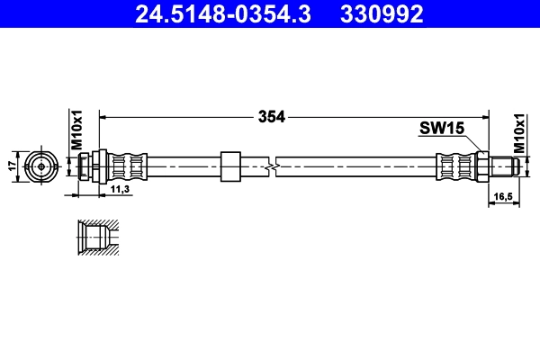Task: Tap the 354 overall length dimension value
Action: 272,116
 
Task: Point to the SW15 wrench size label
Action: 441,129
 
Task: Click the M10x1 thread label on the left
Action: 77,129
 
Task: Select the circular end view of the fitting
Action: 40,166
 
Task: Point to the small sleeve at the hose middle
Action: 230,166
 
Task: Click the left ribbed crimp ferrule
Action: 127,166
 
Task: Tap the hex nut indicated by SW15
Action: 481,166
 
